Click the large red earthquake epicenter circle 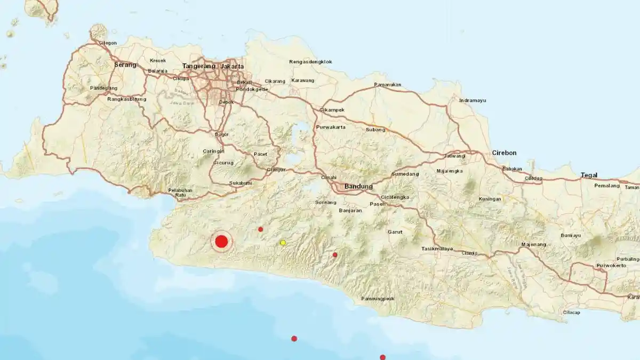pos(221,242)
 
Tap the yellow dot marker pos(283,243)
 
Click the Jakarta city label pos(232,67)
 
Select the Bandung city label pos(358,187)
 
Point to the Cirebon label pos(504,153)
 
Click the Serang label pos(125,65)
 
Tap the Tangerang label pos(198,67)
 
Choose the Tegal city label pos(589,175)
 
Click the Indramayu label pos(472,100)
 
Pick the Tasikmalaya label pos(437,249)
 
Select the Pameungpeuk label pos(378,299)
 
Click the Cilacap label pos(571,313)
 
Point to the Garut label pos(395,232)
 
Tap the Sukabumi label pos(241,183)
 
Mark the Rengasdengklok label pos(314,62)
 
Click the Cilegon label pos(107,43)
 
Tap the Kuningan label pos(490,199)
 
